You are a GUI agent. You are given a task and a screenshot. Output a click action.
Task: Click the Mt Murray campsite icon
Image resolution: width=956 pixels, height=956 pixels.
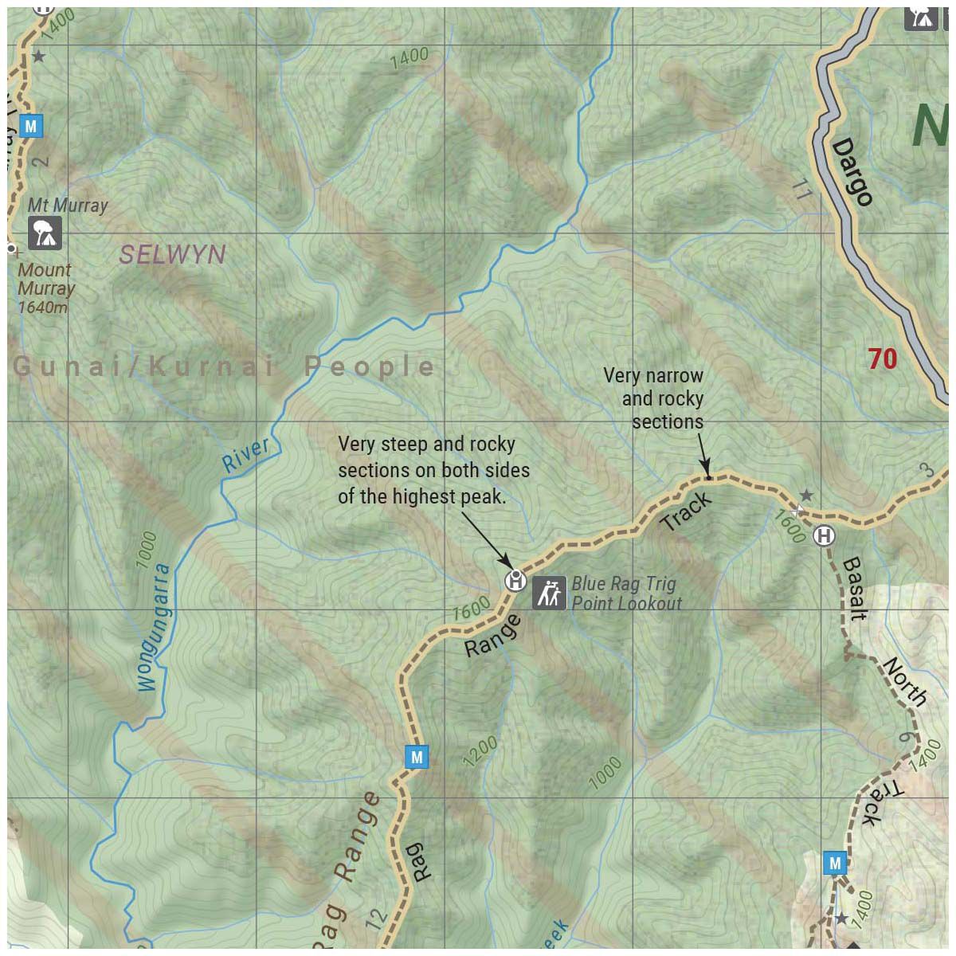point(44,233)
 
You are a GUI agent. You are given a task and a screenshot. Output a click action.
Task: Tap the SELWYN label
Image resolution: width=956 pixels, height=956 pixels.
point(172,255)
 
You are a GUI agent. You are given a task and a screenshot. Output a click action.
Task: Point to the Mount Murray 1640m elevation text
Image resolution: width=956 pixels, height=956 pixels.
point(45,288)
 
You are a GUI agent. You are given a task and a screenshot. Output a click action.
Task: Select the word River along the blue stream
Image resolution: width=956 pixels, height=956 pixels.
point(245,455)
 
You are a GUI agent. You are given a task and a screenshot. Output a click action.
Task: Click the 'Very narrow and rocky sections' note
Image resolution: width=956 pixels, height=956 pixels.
point(654,398)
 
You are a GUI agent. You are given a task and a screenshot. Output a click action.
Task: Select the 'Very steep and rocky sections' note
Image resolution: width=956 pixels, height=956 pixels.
point(433,470)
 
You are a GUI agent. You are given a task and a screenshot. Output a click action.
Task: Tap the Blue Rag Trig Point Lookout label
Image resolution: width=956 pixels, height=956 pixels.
point(626,594)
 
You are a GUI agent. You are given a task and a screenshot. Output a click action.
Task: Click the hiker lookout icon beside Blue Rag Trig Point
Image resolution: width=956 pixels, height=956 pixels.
point(549,593)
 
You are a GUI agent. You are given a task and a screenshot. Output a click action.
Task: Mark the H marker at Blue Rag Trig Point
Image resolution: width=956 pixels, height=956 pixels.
point(515,581)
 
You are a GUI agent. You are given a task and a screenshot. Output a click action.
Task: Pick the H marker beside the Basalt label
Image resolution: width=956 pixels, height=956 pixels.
point(824,536)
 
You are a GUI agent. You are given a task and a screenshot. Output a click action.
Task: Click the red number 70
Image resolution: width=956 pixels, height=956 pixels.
point(882,359)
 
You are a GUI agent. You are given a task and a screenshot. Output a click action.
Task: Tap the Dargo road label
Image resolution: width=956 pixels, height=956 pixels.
point(852,172)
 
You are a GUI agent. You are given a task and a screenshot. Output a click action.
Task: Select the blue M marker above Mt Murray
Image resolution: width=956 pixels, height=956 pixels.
point(31,126)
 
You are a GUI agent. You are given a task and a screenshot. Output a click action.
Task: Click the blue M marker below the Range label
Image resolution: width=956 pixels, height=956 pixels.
point(416,757)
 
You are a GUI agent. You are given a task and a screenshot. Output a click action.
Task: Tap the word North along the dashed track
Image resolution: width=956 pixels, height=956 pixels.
point(905,681)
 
